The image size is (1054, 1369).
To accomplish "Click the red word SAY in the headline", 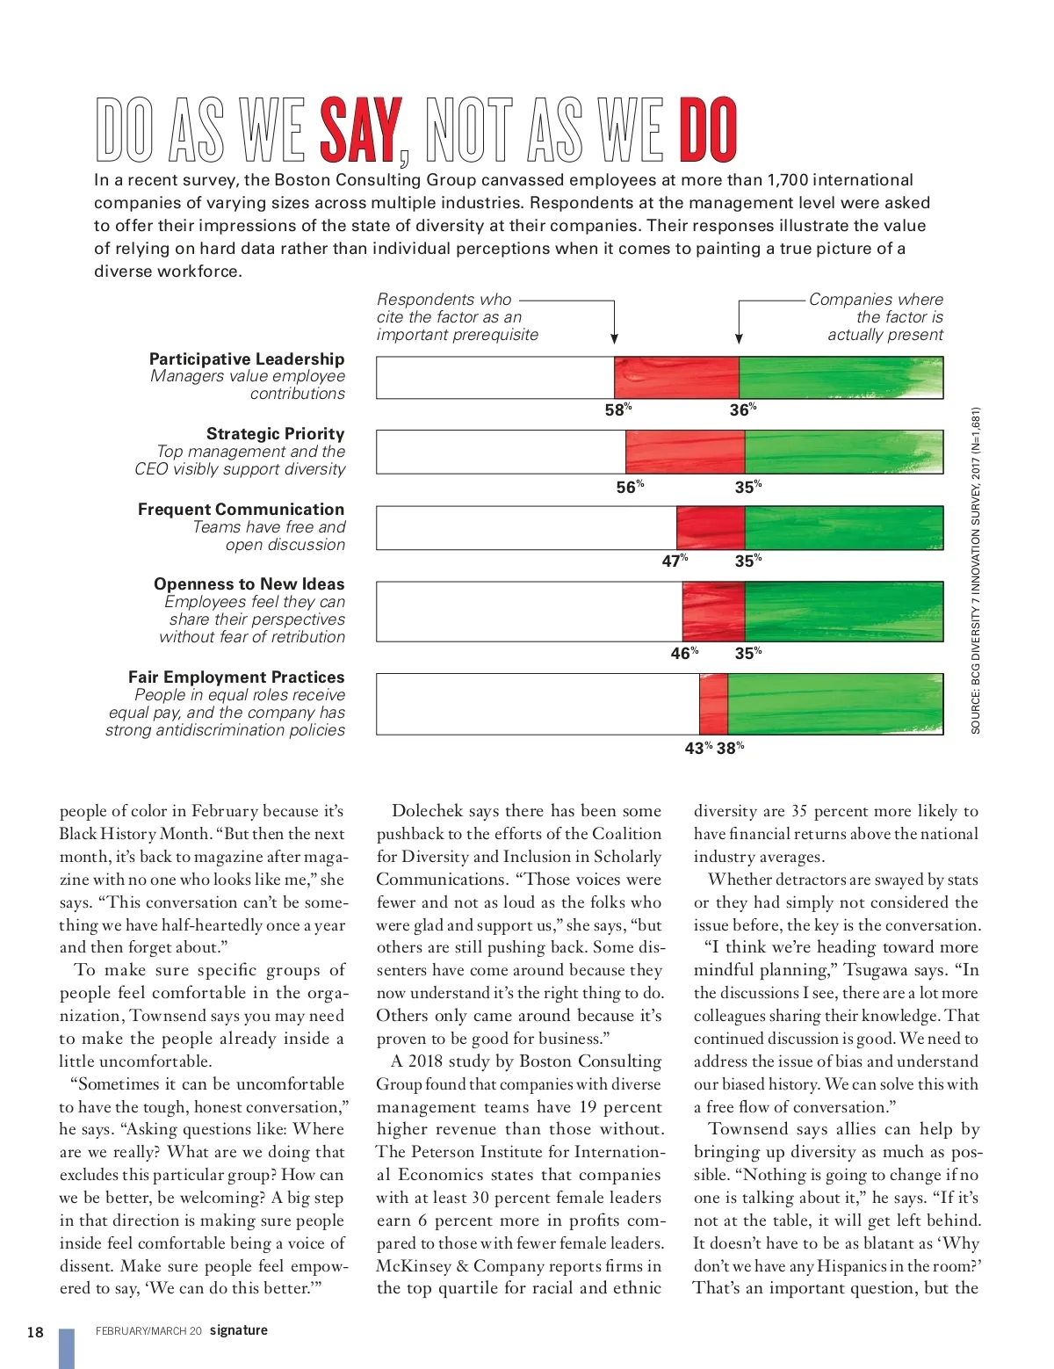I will tap(360, 131).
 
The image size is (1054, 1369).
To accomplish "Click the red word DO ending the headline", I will tap(707, 131).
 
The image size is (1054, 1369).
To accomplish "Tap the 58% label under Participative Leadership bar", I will tap(617, 410).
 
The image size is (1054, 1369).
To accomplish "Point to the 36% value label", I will tap(743, 410).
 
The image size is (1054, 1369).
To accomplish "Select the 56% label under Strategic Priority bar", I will tap(630, 487).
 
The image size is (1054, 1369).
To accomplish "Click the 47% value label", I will tap(675, 561).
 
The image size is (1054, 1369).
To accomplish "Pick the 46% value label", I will tap(684, 653).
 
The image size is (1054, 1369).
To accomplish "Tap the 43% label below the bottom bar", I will tap(698, 748).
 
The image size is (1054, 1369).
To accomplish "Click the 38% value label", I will tap(730, 748).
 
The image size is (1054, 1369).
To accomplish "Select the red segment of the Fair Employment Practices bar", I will tap(714, 704).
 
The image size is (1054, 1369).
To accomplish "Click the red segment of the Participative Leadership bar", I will tap(676, 378).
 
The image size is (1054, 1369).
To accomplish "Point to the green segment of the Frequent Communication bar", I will tap(843, 528).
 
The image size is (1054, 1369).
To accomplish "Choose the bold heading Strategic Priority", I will tap(275, 434).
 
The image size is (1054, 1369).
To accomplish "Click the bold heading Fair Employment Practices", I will tap(236, 677).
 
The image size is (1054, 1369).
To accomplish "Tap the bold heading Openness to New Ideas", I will tap(249, 584).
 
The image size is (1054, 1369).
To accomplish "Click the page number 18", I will tap(35, 1332).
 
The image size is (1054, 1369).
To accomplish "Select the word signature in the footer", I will tap(239, 1330).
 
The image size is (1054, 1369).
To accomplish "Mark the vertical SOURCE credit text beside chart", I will tap(976, 571).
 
